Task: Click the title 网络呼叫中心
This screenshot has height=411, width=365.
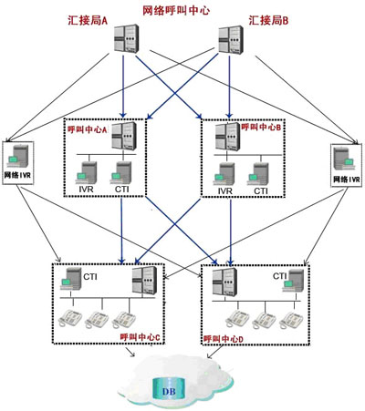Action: click(x=176, y=11)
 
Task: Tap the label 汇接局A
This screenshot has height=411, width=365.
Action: click(x=88, y=21)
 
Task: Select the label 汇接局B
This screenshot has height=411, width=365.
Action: click(x=268, y=21)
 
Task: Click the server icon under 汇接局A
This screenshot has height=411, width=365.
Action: click(x=127, y=38)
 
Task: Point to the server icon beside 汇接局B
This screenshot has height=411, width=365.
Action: click(x=231, y=40)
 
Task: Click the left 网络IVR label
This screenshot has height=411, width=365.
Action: click(x=17, y=175)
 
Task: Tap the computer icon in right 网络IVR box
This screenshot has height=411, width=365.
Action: click(x=344, y=159)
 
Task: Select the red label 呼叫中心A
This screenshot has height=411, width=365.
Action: click(x=88, y=129)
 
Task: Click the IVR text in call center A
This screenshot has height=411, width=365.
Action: click(x=86, y=190)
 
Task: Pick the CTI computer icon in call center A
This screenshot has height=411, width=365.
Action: click(x=120, y=173)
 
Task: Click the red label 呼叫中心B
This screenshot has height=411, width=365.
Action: click(x=261, y=127)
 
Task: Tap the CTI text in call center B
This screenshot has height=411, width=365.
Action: click(x=261, y=190)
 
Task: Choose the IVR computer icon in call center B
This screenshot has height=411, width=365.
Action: click(x=224, y=174)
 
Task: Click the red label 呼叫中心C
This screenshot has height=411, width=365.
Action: click(x=140, y=337)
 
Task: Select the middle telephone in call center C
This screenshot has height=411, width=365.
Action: click(x=97, y=320)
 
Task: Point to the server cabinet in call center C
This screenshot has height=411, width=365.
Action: click(x=144, y=281)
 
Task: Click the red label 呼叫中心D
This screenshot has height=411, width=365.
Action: click(x=224, y=339)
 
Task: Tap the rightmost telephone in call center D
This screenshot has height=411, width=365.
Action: click(x=291, y=320)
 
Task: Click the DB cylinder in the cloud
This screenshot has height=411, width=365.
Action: click(x=169, y=388)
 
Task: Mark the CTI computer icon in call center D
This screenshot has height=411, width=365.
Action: click(x=293, y=281)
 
